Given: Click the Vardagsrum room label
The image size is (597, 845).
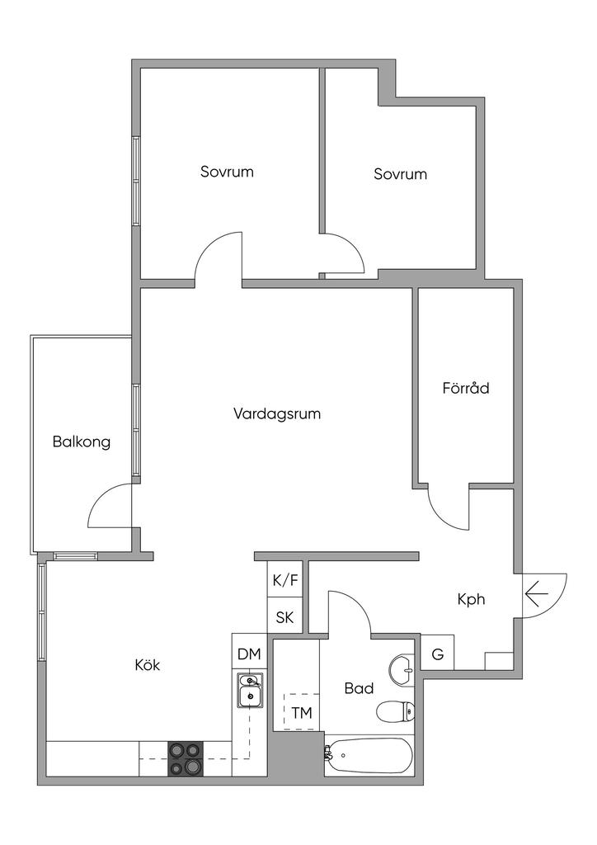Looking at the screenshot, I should coord(276,413).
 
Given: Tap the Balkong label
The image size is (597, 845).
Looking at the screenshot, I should coord(82,441).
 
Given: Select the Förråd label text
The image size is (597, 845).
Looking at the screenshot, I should coord(466,387).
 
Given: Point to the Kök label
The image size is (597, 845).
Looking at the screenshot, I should coord(147,665).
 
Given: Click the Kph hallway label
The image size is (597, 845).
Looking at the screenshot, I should coord(471,600).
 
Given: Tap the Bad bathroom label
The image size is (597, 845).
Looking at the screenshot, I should coord(359,688).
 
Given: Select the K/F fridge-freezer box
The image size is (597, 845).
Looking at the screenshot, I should coord(285,580).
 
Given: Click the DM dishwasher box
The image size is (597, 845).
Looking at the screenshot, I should coord(249,654).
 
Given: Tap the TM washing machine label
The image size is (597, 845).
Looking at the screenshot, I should coord(302,713).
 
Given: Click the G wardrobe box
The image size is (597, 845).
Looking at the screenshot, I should coord(438,654).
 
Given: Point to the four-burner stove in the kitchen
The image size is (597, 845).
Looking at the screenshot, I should coord(186,758).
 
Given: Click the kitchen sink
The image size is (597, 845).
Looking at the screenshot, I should coord(249,692).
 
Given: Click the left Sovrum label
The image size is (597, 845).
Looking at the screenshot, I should coord(227,172).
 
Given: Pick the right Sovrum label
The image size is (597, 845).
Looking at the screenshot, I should coord(400,174).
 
